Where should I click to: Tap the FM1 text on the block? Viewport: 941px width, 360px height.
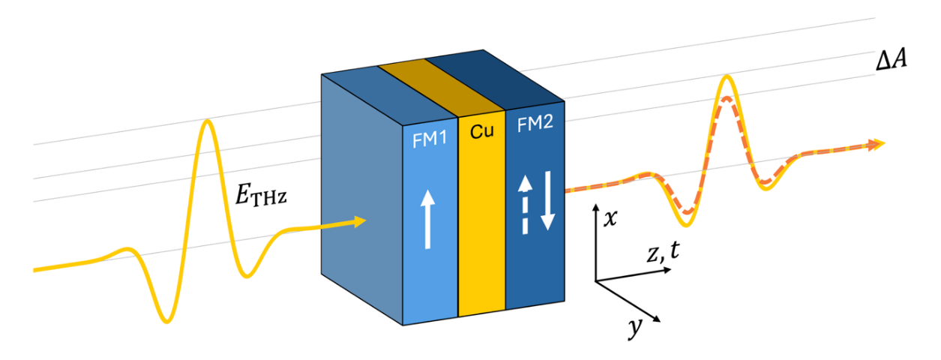[x=429, y=139]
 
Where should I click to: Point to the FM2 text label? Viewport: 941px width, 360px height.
[x=533, y=126]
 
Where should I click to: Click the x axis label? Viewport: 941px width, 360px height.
[x=610, y=217]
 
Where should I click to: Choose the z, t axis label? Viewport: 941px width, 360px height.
[x=663, y=254]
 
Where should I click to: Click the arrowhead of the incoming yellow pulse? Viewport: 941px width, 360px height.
[x=361, y=220]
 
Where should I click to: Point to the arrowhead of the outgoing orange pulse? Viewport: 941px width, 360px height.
[x=878, y=144]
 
